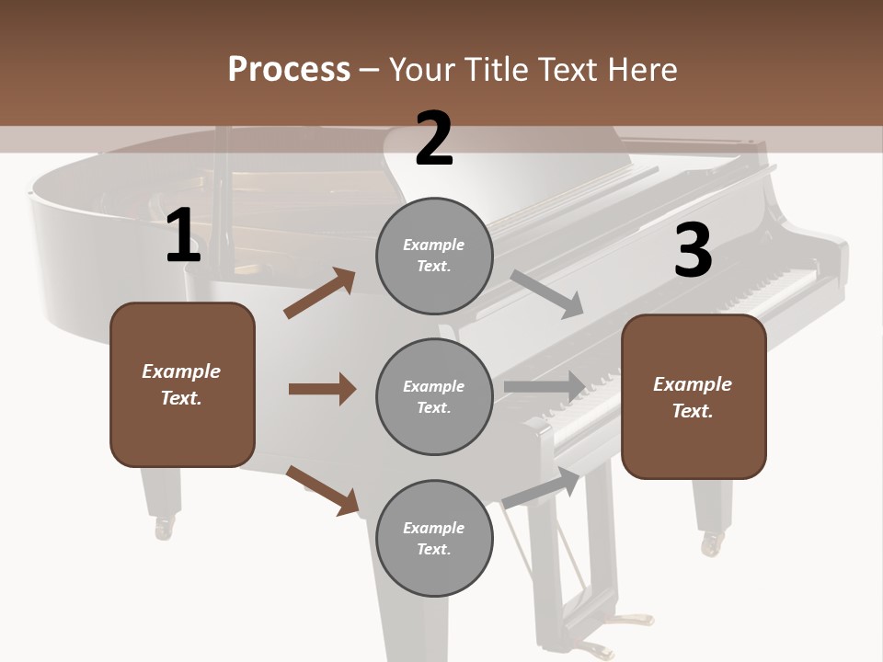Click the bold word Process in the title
pyautogui.click(x=289, y=69)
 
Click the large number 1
pyautogui.click(x=183, y=236)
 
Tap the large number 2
pyautogui.click(x=434, y=139)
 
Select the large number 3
pyautogui.click(x=694, y=251)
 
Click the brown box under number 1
pyautogui.click(x=182, y=384)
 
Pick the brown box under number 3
pyautogui.click(x=694, y=397)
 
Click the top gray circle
pyautogui.click(x=434, y=256)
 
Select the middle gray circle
pyautogui.click(x=434, y=396)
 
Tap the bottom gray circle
pyautogui.click(x=434, y=538)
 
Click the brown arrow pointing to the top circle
pyautogui.click(x=319, y=293)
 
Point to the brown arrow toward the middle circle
pyautogui.click(x=322, y=389)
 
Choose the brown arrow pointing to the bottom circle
pyautogui.click(x=322, y=489)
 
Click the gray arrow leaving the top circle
pyautogui.click(x=547, y=293)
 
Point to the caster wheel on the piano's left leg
pyautogui.click(x=165, y=528)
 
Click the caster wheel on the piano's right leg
pyautogui.click(x=711, y=544)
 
